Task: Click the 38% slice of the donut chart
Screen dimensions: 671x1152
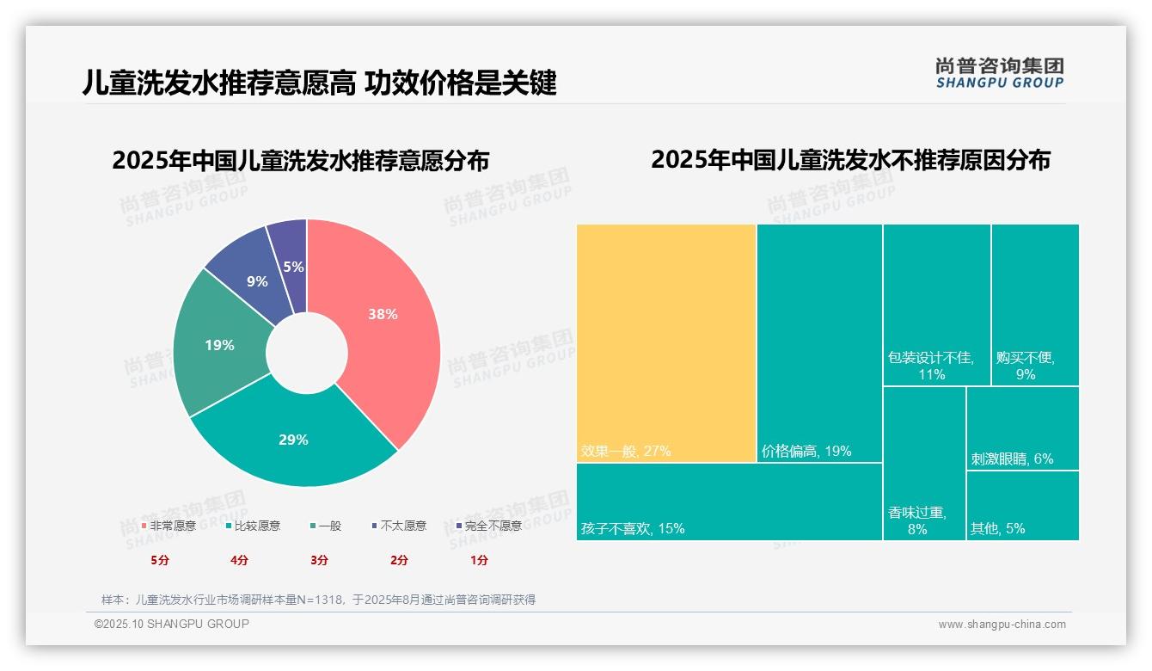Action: coord(382,315)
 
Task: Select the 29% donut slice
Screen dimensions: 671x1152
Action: coord(293,440)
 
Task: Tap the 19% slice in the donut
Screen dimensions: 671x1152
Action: coord(219,345)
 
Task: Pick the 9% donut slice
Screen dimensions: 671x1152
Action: coord(256,280)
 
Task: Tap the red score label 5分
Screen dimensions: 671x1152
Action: coord(161,560)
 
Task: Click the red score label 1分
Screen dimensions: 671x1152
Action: coord(479,560)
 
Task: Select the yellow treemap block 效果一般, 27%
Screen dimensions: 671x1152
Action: coord(666,343)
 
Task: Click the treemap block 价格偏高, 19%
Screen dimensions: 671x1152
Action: coord(819,343)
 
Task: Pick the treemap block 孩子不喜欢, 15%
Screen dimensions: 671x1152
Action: coord(729,502)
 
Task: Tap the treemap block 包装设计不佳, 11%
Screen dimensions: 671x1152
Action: coord(936,305)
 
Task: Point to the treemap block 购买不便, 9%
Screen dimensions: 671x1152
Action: coord(1035,305)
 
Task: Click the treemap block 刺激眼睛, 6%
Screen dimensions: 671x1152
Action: coord(1022,428)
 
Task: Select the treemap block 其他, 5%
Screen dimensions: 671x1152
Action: coord(1022,506)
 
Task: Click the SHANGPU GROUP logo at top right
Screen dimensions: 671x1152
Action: coord(999,73)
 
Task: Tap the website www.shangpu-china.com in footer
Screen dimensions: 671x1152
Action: coord(1002,625)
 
